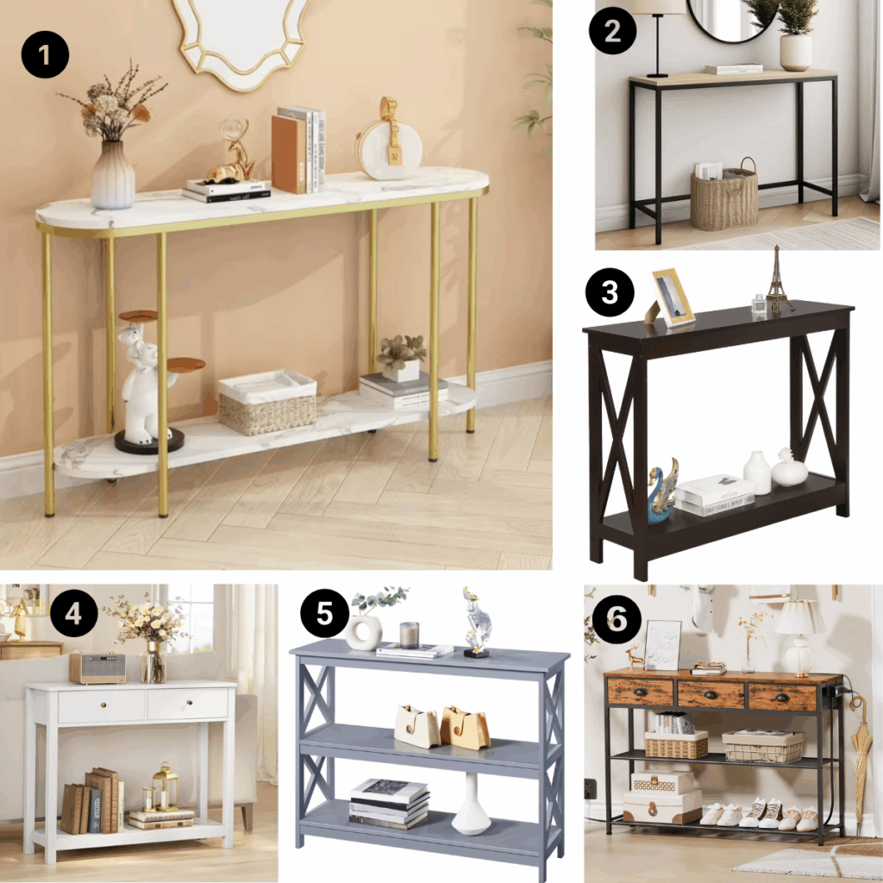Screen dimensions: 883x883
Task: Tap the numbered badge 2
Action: (613, 33)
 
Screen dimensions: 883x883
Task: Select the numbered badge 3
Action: (611, 292)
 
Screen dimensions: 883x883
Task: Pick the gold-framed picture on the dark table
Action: (673, 297)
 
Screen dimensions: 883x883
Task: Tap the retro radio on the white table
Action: (97, 667)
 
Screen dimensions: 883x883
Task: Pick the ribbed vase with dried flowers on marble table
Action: (114, 174)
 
